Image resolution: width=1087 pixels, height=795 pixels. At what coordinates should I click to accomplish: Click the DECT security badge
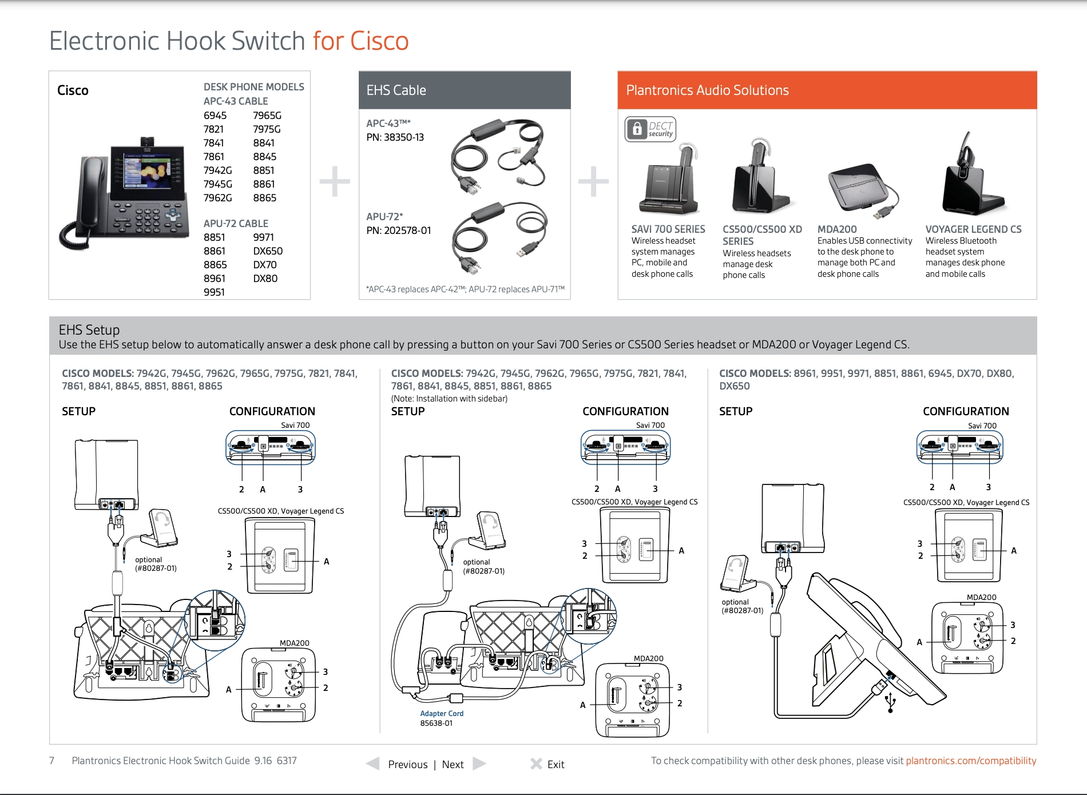pyautogui.click(x=650, y=129)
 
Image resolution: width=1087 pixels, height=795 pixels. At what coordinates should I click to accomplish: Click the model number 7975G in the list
pyautogui.click(x=267, y=129)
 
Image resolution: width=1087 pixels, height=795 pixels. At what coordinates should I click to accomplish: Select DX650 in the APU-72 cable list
pyautogui.click(x=268, y=251)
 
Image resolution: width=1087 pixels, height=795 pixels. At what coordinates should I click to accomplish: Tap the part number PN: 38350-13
pyautogui.click(x=395, y=137)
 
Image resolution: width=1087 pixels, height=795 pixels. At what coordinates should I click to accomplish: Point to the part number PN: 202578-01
pyautogui.click(x=398, y=230)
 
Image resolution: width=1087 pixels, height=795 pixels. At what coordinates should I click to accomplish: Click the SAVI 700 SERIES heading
pyautogui.click(x=668, y=229)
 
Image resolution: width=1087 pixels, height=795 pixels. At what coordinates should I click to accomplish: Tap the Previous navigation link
pyautogui.click(x=407, y=765)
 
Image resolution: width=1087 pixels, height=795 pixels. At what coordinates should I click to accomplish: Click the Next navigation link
pyautogui.click(x=453, y=765)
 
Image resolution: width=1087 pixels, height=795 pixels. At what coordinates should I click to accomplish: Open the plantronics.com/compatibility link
pyautogui.click(x=970, y=761)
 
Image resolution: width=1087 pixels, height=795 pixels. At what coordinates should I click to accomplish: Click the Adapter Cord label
pyautogui.click(x=442, y=714)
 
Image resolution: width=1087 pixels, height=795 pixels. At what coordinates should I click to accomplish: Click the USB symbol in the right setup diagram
pyautogui.click(x=890, y=702)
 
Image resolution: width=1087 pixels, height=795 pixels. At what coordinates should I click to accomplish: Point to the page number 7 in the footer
pyautogui.click(x=51, y=761)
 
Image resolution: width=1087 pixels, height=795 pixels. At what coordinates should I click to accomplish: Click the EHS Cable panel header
pyautogui.click(x=464, y=90)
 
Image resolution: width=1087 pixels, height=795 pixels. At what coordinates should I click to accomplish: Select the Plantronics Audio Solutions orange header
pyautogui.click(x=827, y=90)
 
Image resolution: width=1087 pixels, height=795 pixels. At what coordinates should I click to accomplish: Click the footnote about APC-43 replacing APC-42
pyautogui.click(x=465, y=289)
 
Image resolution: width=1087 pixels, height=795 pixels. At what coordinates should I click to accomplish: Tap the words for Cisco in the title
pyautogui.click(x=360, y=41)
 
